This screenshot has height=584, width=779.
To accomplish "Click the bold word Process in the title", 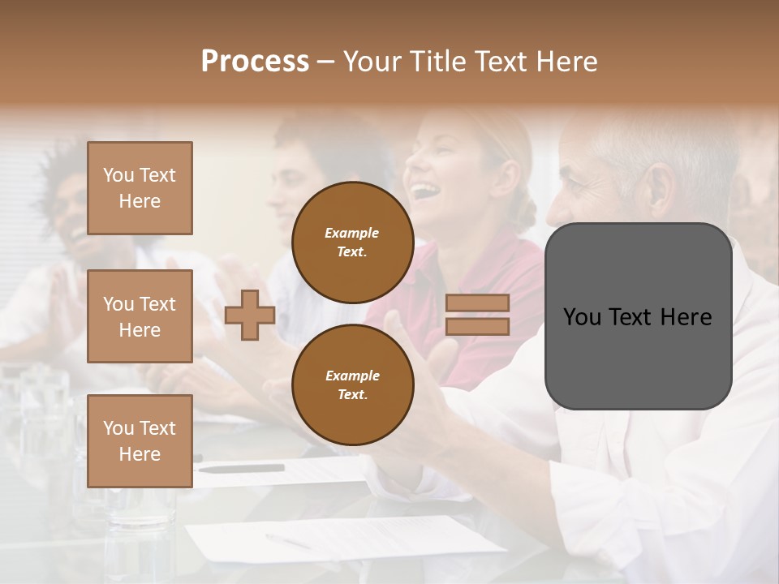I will [x=255, y=62].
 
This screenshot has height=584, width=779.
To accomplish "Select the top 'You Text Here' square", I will [x=140, y=188].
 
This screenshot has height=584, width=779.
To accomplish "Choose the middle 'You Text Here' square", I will [x=140, y=316].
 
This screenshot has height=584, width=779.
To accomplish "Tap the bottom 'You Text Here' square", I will [x=140, y=441].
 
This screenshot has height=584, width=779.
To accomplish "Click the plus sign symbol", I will [x=250, y=315].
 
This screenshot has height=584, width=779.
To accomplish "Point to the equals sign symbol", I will [x=477, y=315].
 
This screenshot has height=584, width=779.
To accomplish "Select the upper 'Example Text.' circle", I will [x=352, y=242].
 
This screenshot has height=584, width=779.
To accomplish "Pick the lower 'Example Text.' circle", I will [x=352, y=384].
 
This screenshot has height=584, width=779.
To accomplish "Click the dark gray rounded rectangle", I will [x=638, y=316].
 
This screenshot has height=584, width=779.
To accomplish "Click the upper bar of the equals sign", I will [x=477, y=303].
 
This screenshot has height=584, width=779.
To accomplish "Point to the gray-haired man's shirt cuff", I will [x=422, y=479].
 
